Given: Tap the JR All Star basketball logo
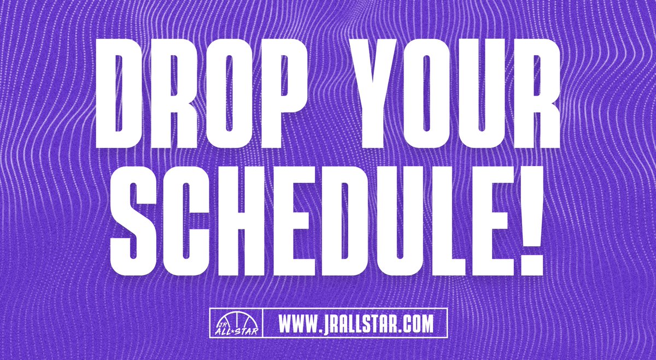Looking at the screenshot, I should (237, 323).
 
